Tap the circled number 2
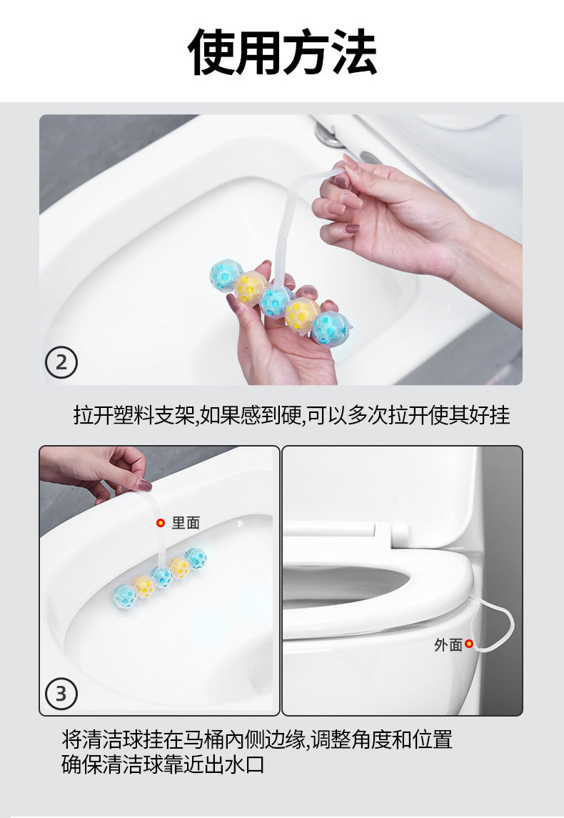tap(61, 364)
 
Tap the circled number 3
tap(61, 693)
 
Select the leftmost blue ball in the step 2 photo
tap(225, 273)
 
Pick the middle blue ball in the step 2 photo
tap(275, 301)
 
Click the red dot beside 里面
tap(161, 523)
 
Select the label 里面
tap(186, 523)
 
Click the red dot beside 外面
tap(469, 644)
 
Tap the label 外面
tap(448, 644)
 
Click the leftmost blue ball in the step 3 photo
tap(125, 594)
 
